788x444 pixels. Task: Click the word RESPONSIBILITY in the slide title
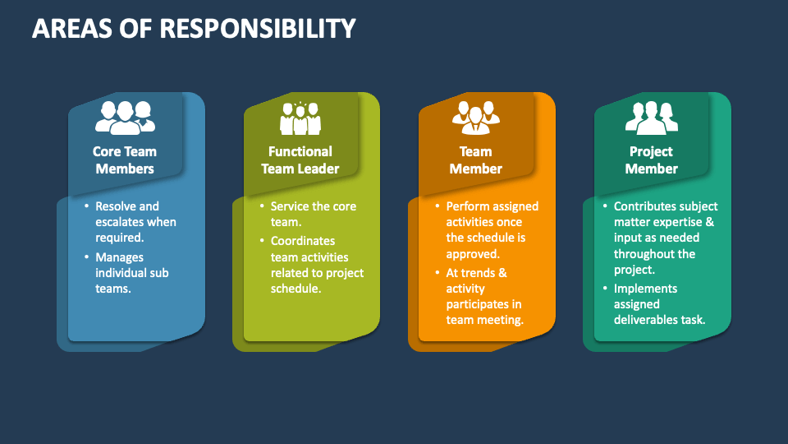coord(258,28)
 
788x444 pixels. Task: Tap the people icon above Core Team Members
coord(125,118)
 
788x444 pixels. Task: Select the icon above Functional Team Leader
coord(300,118)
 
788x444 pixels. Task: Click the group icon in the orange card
coord(476,118)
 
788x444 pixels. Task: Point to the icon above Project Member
coord(651,118)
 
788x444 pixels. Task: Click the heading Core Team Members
coord(125,160)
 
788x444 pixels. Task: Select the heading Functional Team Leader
coord(300,160)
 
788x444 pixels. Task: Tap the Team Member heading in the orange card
coord(475,160)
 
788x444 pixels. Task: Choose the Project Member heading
coord(651,160)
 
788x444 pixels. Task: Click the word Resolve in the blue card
coord(116,206)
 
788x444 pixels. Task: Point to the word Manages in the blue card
coord(120,257)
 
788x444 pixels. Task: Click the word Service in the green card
coord(290,206)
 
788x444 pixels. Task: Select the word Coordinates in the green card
coord(303,241)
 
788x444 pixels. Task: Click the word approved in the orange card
coord(472,254)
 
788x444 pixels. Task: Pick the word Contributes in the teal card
coord(644,206)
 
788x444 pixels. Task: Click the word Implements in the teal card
coord(645,289)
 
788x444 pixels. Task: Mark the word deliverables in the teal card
coord(646,320)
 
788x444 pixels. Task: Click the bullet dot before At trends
coord(438,272)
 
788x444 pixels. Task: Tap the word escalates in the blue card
coord(118,222)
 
